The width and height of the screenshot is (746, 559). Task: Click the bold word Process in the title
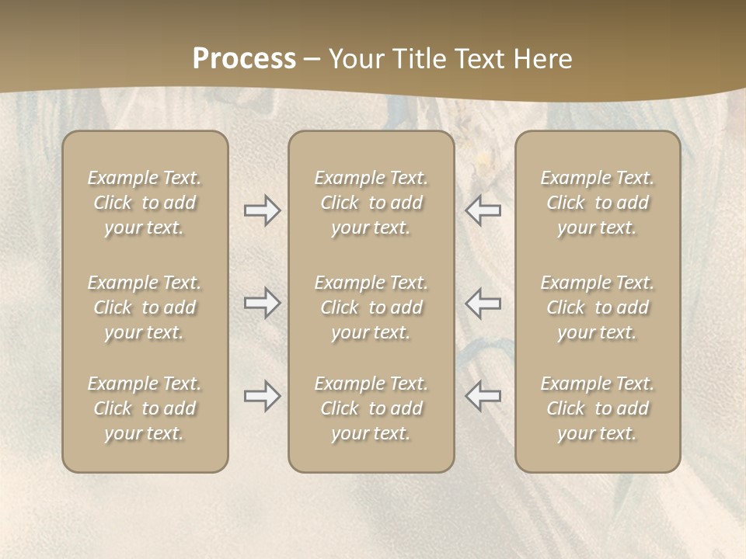point(244,59)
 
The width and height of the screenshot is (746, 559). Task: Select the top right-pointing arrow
point(262,211)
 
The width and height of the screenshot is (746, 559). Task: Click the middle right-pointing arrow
point(262,304)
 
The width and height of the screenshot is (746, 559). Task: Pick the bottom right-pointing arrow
point(262,396)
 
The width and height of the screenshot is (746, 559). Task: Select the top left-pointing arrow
point(483,211)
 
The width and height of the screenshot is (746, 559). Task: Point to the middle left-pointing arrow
point(483,304)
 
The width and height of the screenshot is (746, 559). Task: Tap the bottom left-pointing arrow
point(483,396)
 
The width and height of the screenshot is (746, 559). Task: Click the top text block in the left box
point(145,203)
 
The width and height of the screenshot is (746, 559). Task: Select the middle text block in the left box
point(145,307)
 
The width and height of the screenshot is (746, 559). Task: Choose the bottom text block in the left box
point(145,408)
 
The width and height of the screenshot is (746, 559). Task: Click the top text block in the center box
point(371,203)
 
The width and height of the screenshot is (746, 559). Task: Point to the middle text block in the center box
point(371,307)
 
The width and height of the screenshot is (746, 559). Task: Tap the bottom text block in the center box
point(371,408)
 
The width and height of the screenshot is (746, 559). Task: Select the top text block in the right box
point(598,203)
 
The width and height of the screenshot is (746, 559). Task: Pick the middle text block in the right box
point(598,307)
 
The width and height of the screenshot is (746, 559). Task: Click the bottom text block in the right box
point(598,408)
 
